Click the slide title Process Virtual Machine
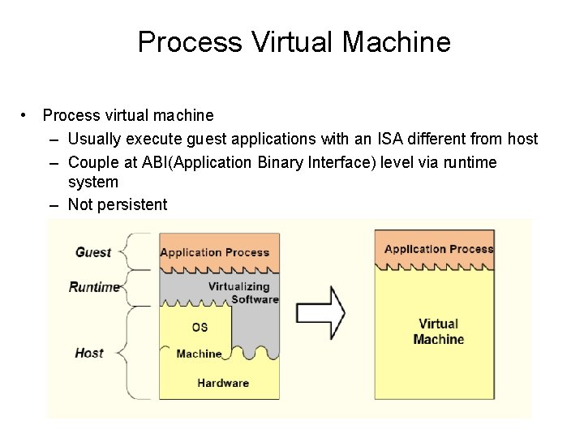click(x=294, y=41)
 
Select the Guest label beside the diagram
click(x=92, y=252)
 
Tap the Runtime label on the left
click(x=94, y=287)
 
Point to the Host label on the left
click(x=88, y=353)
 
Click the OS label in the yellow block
click(x=199, y=328)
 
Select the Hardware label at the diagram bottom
click(x=222, y=383)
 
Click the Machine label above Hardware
click(x=199, y=354)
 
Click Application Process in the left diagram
click(x=214, y=252)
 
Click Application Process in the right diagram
click(x=439, y=249)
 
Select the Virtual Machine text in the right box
click(x=438, y=332)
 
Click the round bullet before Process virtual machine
click(x=27, y=116)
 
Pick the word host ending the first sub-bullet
click(x=522, y=139)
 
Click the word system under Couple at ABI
click(x=92, y=182)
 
